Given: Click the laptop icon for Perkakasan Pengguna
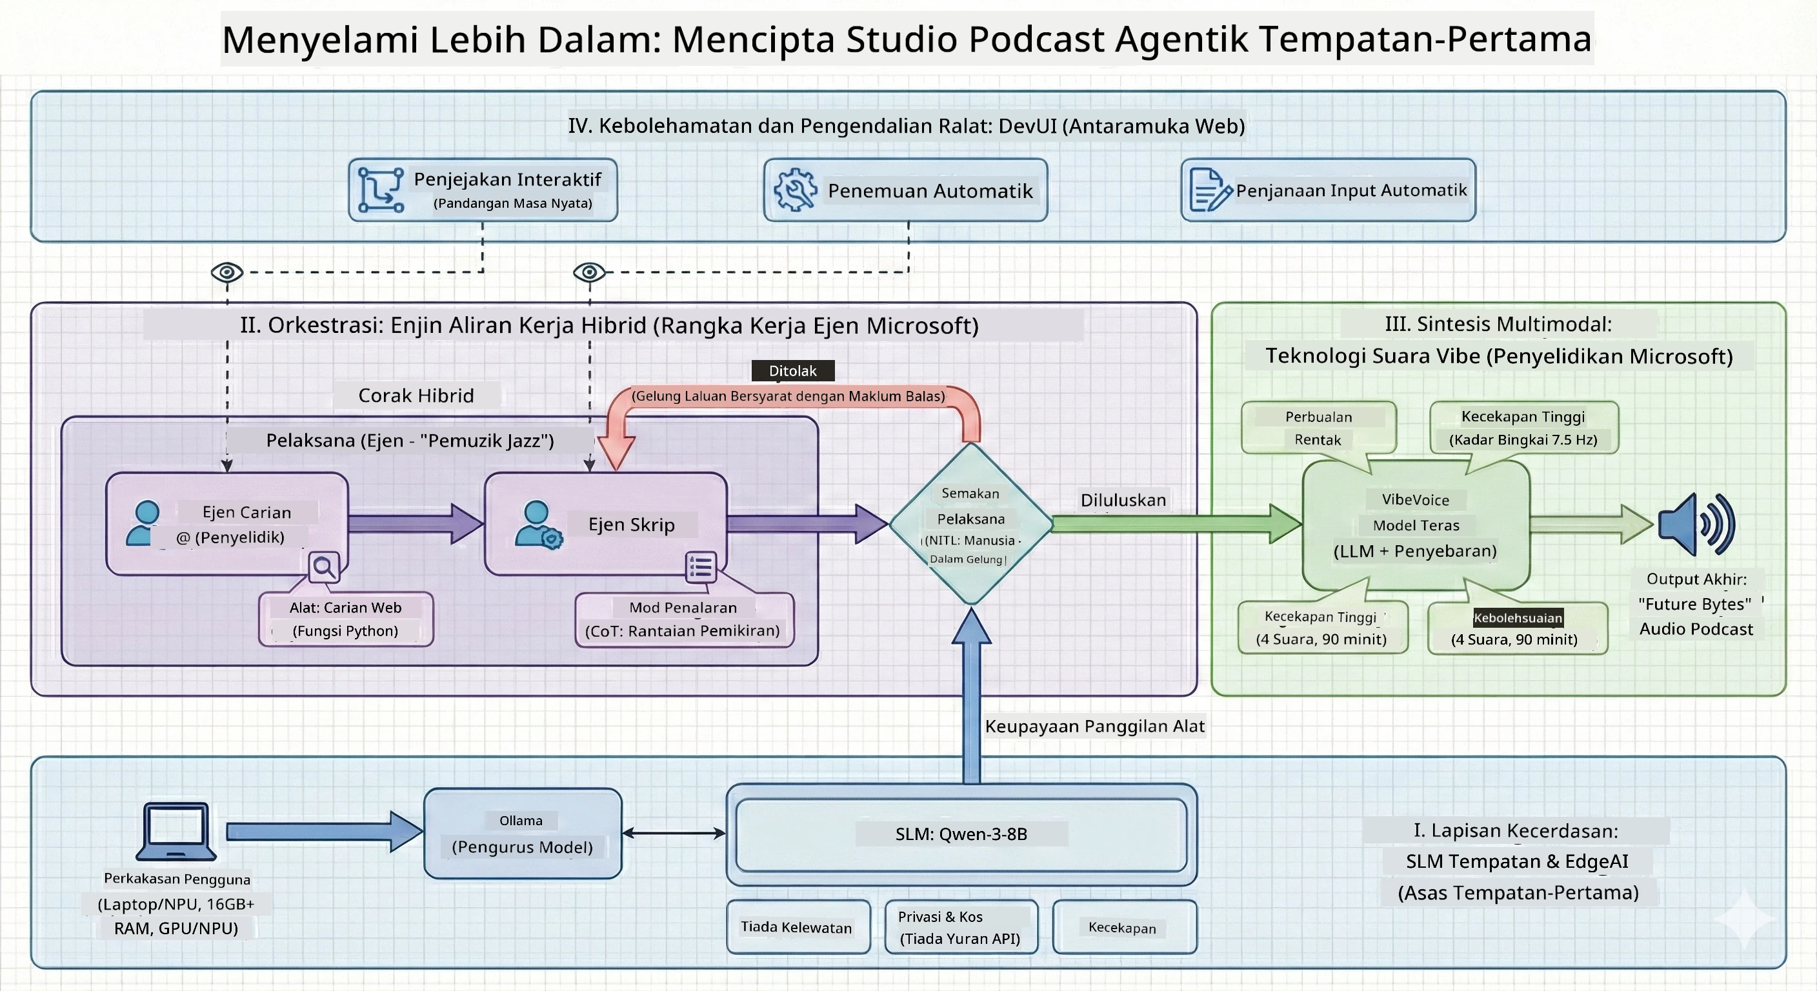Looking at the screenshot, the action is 176,831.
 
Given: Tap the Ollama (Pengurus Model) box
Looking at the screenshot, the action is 523,833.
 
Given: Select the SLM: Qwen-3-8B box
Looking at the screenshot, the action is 961,834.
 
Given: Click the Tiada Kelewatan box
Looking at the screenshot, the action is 798,927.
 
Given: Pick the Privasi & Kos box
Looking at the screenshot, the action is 961,927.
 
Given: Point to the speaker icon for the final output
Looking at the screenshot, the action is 1696,524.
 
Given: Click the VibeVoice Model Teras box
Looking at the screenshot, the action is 1416,525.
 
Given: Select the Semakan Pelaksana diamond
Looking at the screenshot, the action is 971,524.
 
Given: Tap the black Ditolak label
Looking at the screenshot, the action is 793,370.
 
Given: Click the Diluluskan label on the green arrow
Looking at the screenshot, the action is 1123,500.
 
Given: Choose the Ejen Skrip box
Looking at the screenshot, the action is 606,524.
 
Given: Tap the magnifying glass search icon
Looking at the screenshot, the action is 325,566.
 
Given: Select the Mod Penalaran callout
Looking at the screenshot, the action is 684,619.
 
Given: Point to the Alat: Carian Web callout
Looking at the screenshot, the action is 346,619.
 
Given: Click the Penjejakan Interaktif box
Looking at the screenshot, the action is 483,190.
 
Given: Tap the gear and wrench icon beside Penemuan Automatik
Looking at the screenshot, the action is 795,190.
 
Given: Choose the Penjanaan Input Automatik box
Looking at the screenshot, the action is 1328,190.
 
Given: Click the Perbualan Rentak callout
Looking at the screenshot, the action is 1318,428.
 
